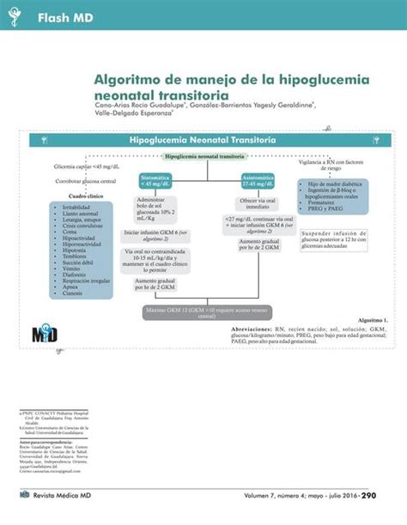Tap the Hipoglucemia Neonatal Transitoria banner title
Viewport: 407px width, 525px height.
click(x=202, y=139)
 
